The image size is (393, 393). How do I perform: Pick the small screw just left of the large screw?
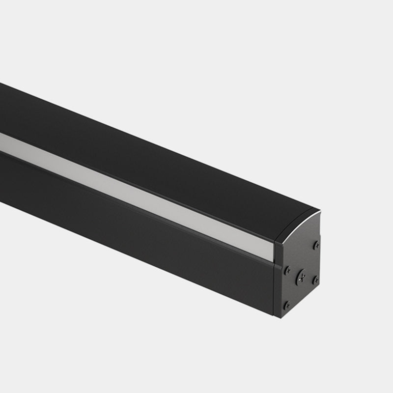point(288,270)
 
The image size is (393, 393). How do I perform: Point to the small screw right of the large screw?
point(315,280)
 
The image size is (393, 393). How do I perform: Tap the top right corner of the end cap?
point(320,212)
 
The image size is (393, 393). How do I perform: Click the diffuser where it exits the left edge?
point(4,140)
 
